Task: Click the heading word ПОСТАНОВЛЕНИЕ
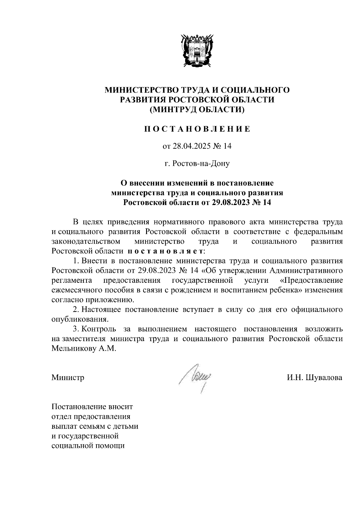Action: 197,129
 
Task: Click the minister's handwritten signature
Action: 196,377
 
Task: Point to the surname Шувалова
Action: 324,377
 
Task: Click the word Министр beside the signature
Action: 68,377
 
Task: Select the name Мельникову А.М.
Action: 83,349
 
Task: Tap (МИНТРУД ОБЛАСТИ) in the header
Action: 197,110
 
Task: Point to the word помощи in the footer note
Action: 109,446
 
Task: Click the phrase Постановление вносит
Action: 92,407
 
